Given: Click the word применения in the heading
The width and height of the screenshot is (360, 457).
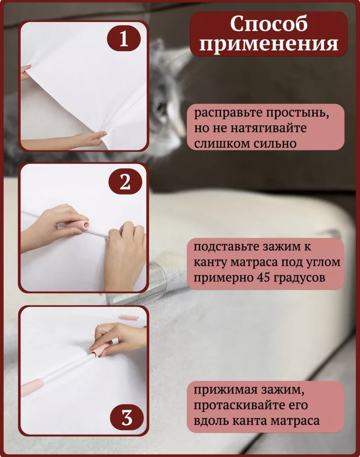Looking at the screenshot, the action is coord(269,45).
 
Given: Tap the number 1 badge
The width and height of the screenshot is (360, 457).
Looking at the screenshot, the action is coord(124,39).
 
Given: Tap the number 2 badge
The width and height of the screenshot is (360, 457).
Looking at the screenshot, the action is coord(126,182).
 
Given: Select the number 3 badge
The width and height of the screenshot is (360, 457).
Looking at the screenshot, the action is coord(127,418).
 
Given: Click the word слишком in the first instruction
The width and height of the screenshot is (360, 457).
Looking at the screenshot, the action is coord(218,144).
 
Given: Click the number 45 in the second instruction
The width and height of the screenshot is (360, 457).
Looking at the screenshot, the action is coord(262,278).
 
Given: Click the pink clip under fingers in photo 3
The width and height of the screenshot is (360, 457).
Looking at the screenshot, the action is coord(99,352).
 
